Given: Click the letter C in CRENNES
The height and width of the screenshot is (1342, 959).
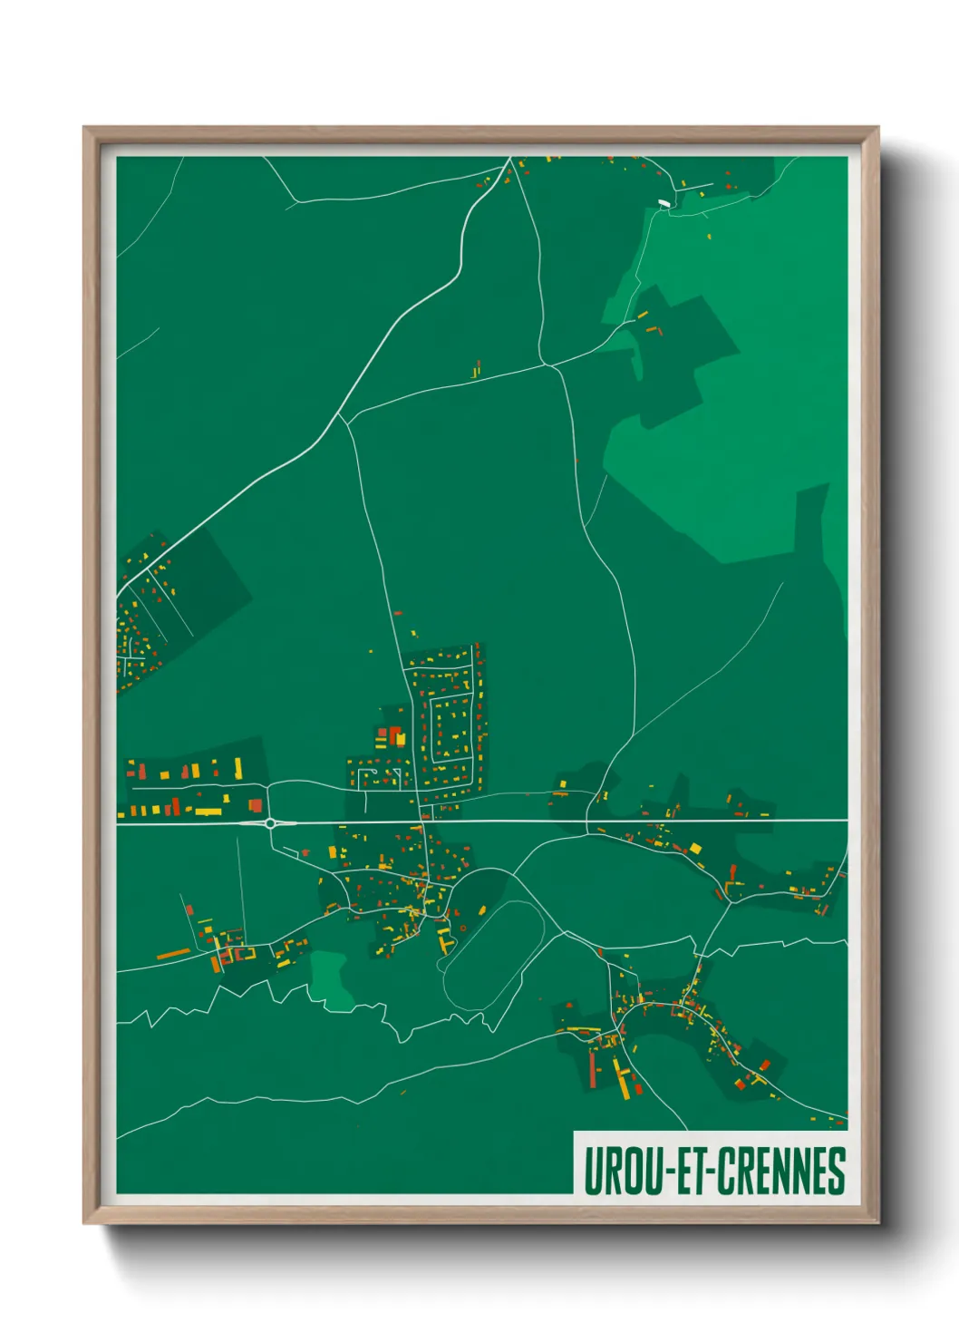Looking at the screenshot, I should coord(728,1171).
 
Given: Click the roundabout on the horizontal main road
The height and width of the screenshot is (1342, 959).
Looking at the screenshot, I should coord(270,823).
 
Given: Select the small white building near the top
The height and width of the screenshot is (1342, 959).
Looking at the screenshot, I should coord(665,204).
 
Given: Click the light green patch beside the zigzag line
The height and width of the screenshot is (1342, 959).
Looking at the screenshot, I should coord(330,979).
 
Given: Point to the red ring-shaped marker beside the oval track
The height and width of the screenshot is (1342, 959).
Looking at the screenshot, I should coord(463,927).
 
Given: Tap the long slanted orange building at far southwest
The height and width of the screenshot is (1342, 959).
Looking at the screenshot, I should coord(174,953).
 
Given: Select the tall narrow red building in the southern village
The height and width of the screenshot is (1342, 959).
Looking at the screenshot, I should coord(593,1068).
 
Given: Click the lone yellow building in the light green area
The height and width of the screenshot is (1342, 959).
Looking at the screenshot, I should coord(709,237).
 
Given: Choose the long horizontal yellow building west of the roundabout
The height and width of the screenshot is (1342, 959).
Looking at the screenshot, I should coord(208,811).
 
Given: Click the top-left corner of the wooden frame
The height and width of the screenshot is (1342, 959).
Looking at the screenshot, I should coord(84,128).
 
